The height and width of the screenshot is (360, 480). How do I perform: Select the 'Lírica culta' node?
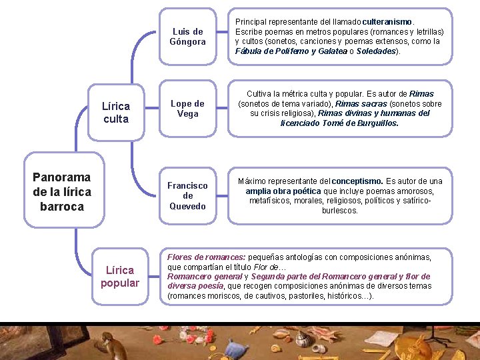(x=116, y=112)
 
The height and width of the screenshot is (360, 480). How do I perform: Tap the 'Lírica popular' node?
(x=120, y=277)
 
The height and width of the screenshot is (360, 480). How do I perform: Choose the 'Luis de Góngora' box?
(x=187, y=37)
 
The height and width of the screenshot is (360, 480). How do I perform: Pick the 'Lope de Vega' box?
(x=187, y=108)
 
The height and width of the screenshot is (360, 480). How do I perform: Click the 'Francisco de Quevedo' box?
(x=187, y=195)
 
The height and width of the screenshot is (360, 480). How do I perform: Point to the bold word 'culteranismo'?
(x=387, y=22)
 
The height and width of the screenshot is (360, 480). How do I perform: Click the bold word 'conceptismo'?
(x=357, y=181)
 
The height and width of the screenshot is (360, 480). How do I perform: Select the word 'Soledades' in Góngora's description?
(x=376, y=51)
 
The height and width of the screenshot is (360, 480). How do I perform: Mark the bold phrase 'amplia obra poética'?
(x=283, y=191)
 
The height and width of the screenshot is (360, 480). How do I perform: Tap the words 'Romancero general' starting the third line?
(x=203, y=277)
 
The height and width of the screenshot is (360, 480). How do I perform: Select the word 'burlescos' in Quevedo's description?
(x=339, y=211)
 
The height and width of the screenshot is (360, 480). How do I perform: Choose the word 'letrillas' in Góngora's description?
(x=427, y=32)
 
